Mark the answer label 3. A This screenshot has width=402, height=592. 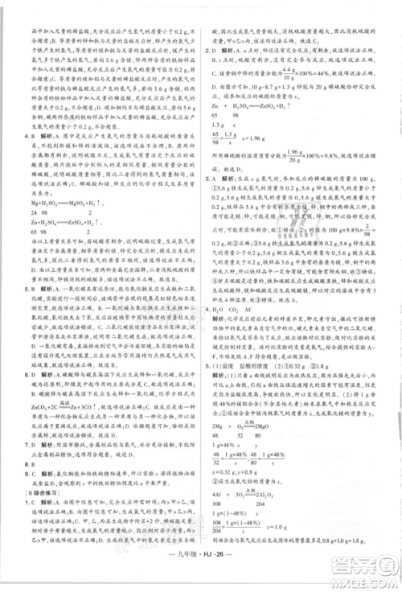211,179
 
